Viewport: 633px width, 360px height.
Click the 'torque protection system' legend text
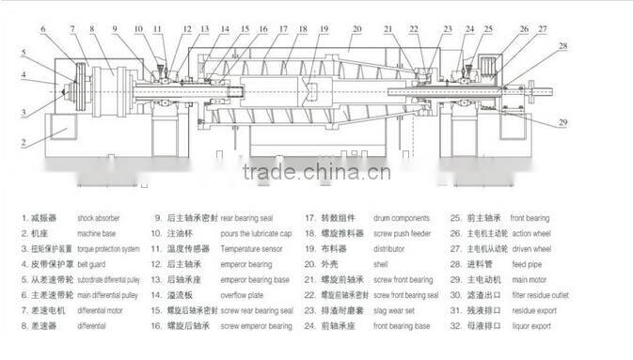[x=108, y=249]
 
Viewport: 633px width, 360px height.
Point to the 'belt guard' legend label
[x=91, y=264]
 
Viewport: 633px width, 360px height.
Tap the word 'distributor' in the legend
[x=392, y=249]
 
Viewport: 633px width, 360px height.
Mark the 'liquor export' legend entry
[x=538, y=326]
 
